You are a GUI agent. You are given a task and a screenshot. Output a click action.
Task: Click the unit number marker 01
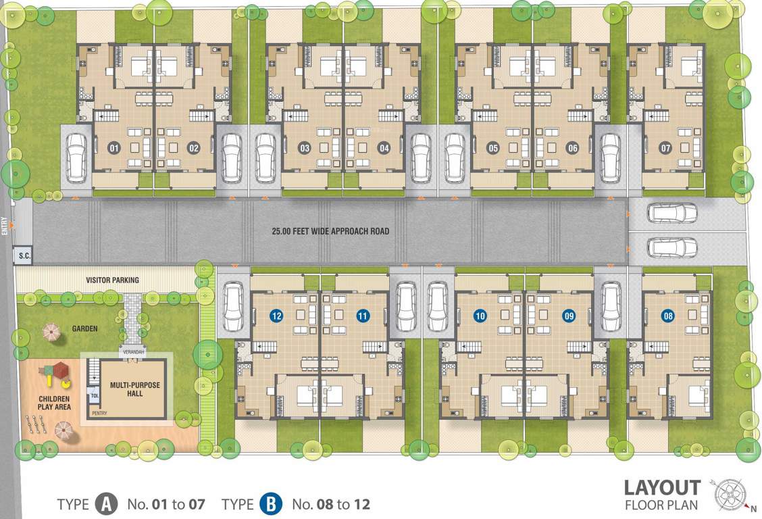(114, 147)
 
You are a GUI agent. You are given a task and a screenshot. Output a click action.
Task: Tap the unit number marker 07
(666, 147)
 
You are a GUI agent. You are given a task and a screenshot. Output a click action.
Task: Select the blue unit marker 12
(276, 315)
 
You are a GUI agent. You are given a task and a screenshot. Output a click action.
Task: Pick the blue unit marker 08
(668, 315)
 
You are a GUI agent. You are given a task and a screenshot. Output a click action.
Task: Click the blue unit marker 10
(480, 315)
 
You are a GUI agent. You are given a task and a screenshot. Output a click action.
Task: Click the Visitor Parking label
(112, 280)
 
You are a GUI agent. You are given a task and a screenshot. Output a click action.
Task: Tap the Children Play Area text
(54, 403)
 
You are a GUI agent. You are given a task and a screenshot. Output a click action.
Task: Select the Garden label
(84, 329)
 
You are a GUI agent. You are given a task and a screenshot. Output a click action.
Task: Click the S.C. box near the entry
(24, 255)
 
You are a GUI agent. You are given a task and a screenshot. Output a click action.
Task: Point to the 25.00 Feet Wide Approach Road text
(330, 231)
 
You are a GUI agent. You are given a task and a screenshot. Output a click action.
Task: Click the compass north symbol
(730, 494)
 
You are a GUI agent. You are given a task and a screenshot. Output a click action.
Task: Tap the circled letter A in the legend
(105, 504)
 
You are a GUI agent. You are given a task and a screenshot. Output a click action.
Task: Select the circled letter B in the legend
(270, 504)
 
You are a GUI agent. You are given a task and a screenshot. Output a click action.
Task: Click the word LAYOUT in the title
(661, 487)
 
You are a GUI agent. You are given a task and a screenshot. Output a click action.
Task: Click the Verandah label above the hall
(132, 352)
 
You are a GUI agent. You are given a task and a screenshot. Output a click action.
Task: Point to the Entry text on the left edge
(5, 226)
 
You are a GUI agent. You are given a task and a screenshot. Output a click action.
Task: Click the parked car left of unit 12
(233, 305)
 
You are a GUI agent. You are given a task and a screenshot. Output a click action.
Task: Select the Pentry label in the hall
(99, 413)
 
